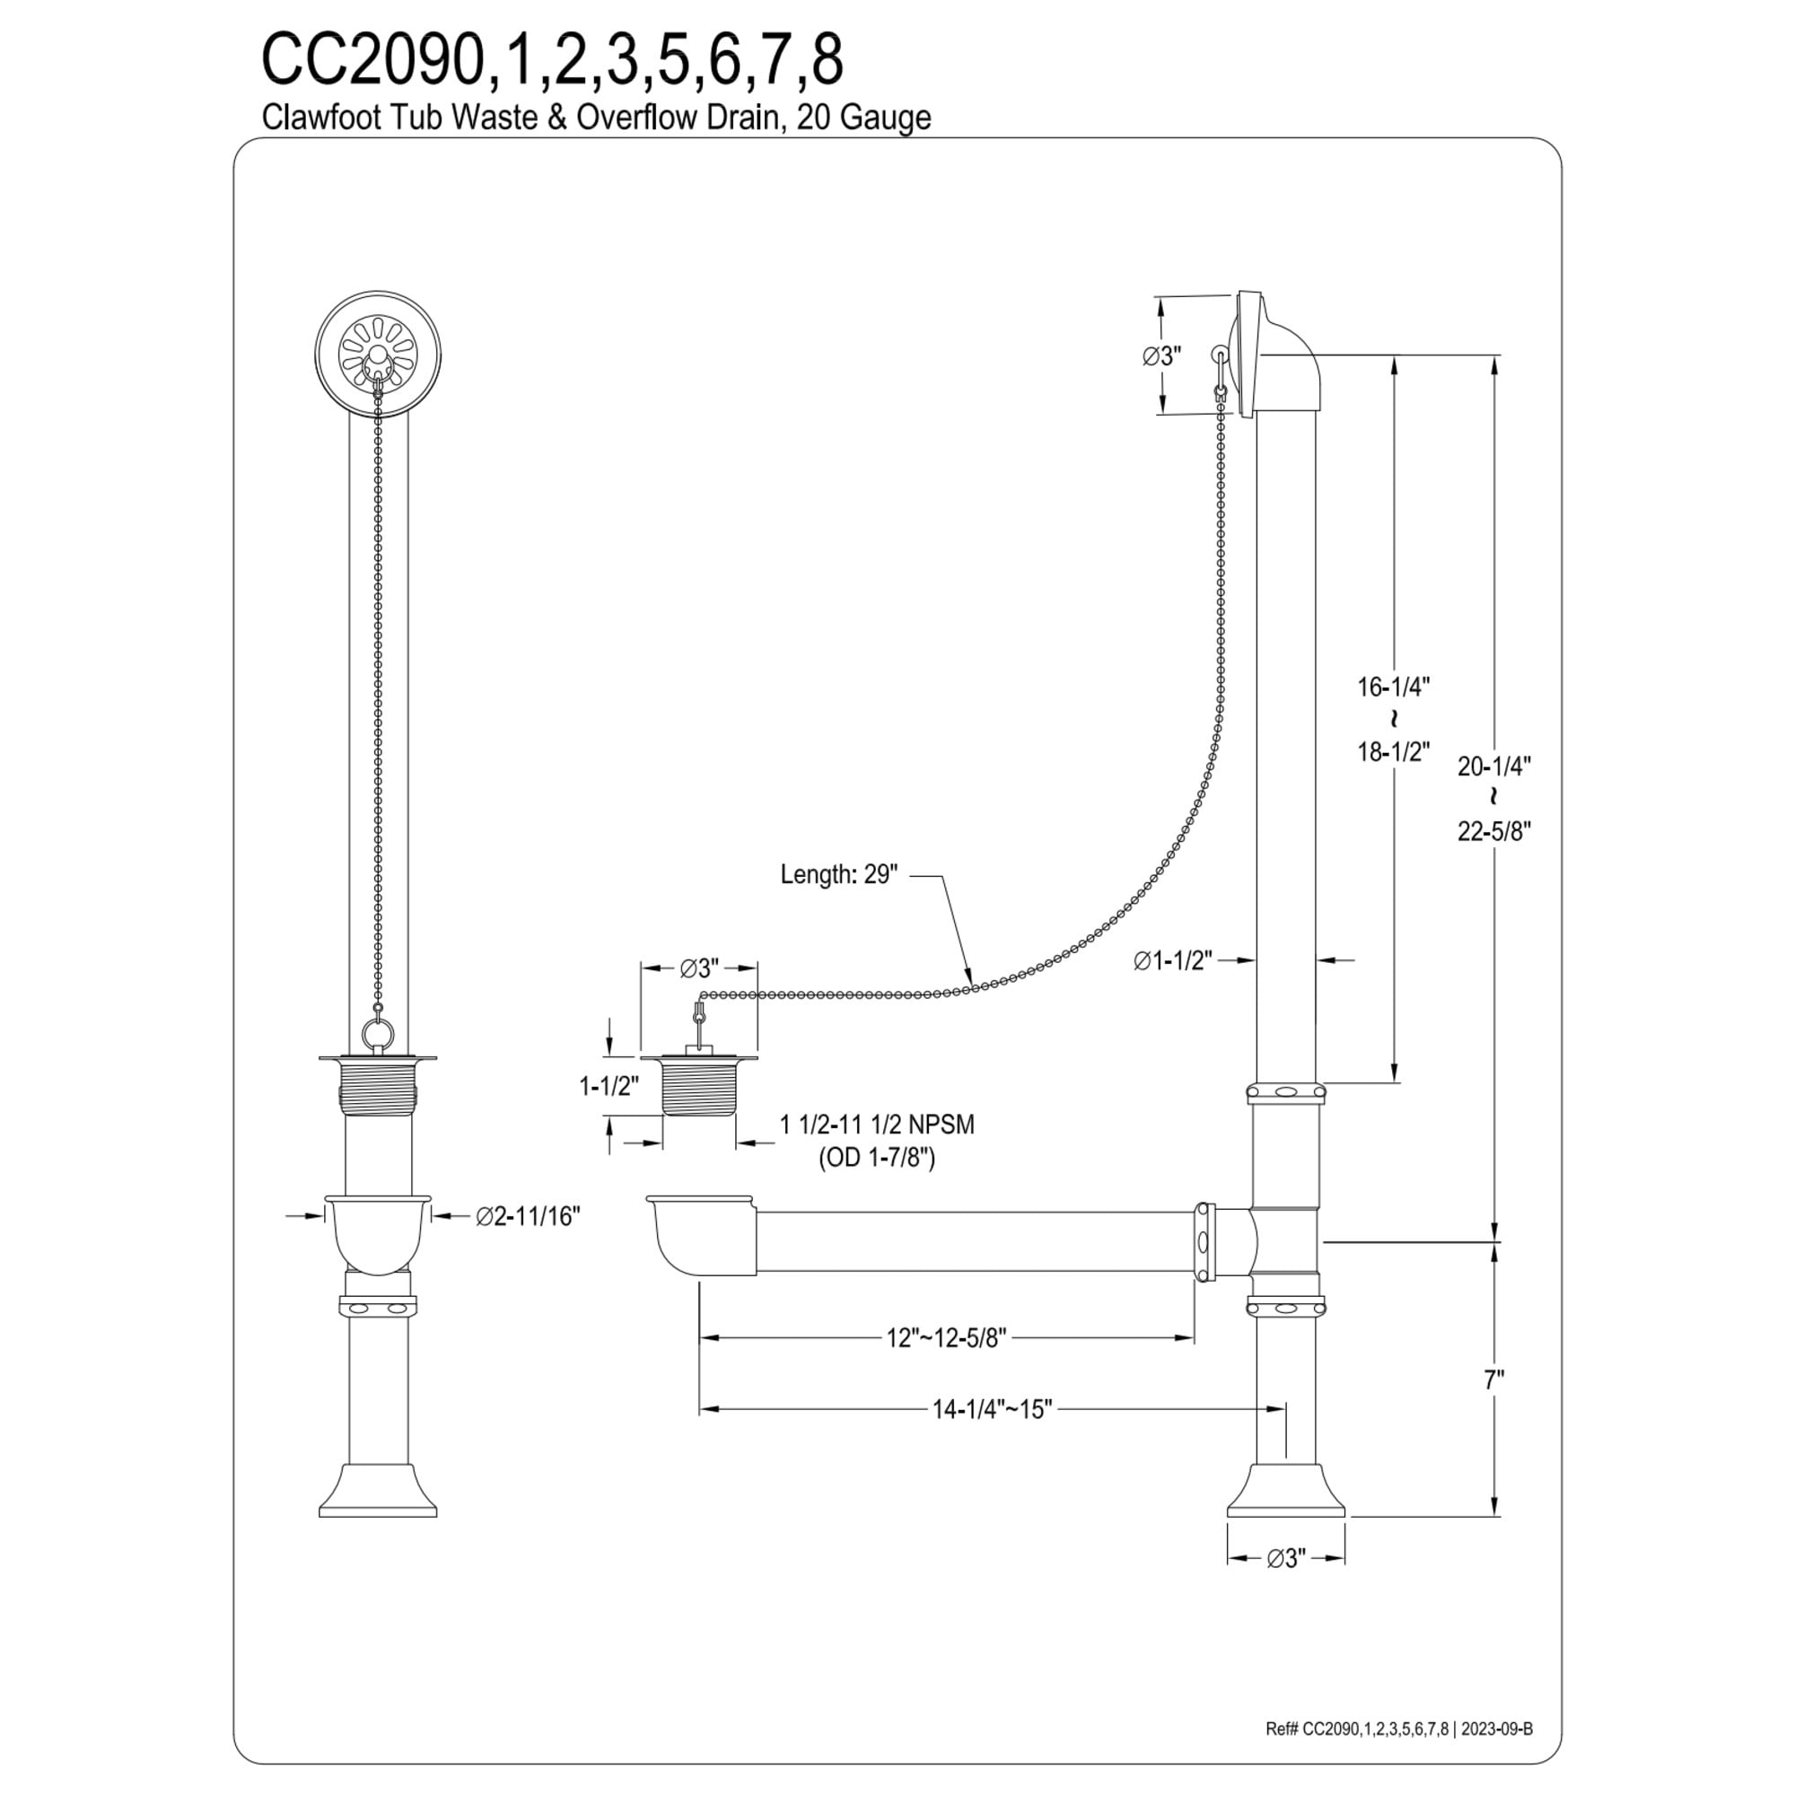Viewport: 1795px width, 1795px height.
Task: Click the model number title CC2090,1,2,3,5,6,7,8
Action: pyautogui.click(x=552, y=61)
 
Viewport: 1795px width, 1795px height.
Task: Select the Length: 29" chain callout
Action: pyautogui.click(x=839, y=875)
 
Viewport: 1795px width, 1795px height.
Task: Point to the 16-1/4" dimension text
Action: pyautogui.click(x=1393, y=687)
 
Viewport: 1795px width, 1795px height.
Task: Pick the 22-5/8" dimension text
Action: pyautogui.click(x=1493, y=830)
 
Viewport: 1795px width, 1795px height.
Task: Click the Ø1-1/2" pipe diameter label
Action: pyautogui.click(x=1172, y=960)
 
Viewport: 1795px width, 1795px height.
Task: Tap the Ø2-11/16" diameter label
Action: pyautogui.click(x=528, y=1215)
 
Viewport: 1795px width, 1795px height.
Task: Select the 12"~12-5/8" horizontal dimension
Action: pyautogui.click(x=946, y=1338)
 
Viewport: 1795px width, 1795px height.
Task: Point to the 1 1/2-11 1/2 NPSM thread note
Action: pyautogui.click(x=877, y=1125)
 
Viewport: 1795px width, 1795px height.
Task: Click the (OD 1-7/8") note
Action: pyautogui.click(x=876, y=1159)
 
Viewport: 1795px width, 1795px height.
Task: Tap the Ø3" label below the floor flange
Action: pyautogui.click(x=1286, y=1559)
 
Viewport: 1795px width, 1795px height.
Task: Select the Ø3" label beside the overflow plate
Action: pyautogui.click(x=1161, y=355)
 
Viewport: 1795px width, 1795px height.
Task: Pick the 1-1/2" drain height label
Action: pyautogui.click(x=609, y=1085)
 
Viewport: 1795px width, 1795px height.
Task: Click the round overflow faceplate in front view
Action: pyautogui.click(x=377, y=354)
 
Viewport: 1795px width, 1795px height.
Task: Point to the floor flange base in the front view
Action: pyautogui.click(x=377, y=1491)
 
